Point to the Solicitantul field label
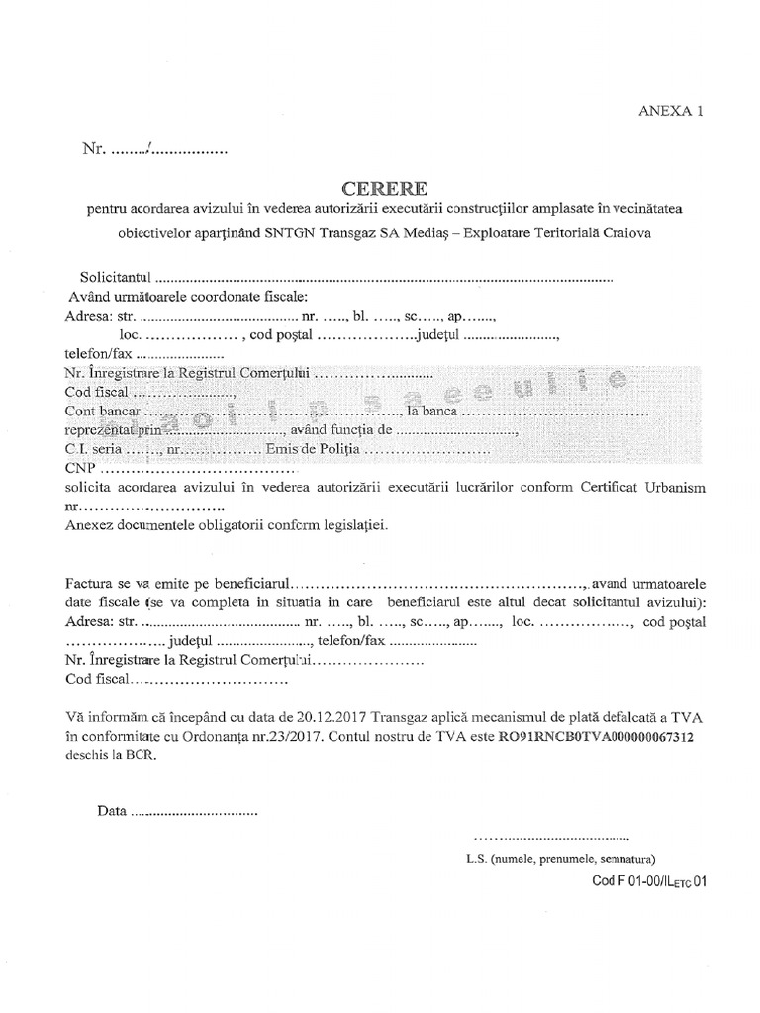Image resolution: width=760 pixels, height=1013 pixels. pos(117,277)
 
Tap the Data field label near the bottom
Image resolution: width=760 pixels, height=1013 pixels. pos(112,812)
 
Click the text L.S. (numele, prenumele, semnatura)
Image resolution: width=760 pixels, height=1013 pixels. pos(560,858)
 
